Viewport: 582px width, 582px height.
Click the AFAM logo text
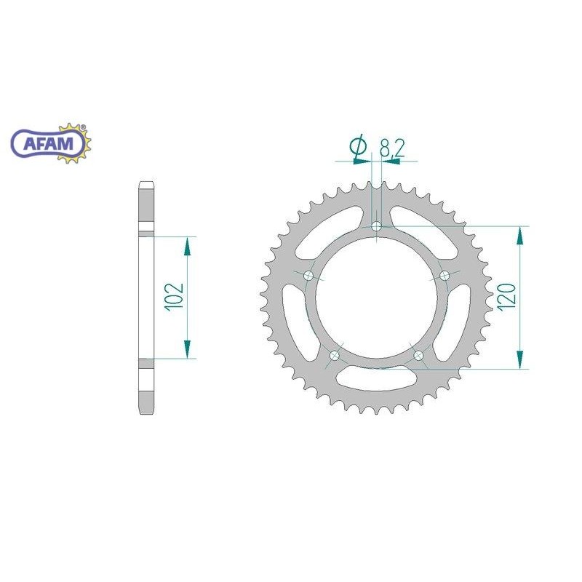pyautogui.click(x=48, y=143)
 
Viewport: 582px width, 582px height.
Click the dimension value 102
pyautogui.click(x=175, y=297)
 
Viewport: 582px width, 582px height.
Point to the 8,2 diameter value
pyautogui.click(x=391, y=148)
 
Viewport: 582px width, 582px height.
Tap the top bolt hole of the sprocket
pyautogui.click(x=377, y=226)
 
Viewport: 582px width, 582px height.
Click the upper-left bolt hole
pyautogui.click(x=308, y=276)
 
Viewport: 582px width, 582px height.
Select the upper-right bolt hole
pyautogui.click(x=445, y=276)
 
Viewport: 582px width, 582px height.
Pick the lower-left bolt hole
pyautogui.click(x=335, y=355)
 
